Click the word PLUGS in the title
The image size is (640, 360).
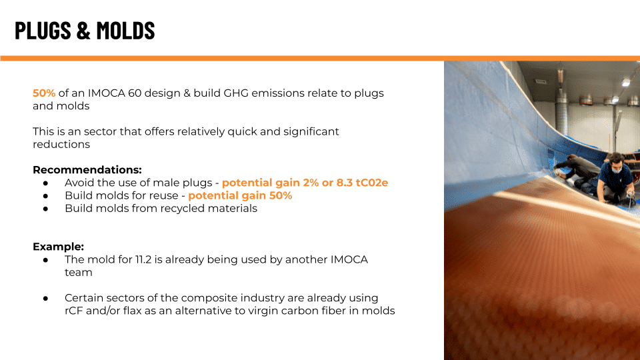pyautogui.click(x=43, y=30)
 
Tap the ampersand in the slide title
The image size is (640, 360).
pyautogui.click(x=83, y=30)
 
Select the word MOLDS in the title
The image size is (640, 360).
pyautogui.click(x=126, y=30)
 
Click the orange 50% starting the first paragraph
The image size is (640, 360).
pyautogui.click(x=44, y=93)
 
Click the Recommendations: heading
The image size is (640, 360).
pyautogui.click(x=87, y=170)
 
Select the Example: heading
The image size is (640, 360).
pyautogui.click(x=59, y=247)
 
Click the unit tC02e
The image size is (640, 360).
pyautogui.click(x=372, y=183)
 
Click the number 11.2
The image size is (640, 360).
pyautogui.click(x=143, y=259)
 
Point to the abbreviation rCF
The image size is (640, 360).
pyautogui.click(x=74, y=311)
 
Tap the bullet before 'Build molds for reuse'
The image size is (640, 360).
pyautogui.click(x=46, y=196)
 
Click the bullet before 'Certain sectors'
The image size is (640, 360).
pyautogui.click(x=46, y=299)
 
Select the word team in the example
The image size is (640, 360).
pyautogui.click(x=79, y=273)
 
